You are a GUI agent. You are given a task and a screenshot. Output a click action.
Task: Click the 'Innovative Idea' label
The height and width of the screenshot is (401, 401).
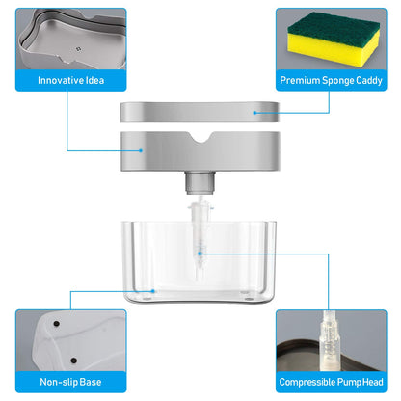tap(70, 80)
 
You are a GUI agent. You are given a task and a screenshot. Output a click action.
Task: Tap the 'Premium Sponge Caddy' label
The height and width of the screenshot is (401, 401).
tap(331, 80)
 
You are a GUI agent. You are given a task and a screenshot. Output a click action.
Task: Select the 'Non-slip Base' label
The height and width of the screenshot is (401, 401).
tap(70, 382)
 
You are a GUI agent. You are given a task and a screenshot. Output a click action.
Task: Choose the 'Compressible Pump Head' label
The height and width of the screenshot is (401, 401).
tap(331, 382)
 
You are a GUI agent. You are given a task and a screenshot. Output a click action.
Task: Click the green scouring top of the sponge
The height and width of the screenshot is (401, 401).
tap(333, 26)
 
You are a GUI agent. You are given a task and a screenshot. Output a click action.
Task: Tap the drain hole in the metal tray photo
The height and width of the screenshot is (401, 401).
tap(78, 49)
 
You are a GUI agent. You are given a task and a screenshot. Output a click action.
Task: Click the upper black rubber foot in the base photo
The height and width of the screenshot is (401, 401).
tap(57, 324)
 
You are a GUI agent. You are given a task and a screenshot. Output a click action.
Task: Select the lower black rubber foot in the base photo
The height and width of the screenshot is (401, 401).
tap(74, 361)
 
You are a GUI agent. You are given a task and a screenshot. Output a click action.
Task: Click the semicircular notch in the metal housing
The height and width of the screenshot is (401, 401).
tap(201, 137)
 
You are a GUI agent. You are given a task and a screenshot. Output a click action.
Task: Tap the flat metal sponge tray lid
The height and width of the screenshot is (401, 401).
tap(200, 112)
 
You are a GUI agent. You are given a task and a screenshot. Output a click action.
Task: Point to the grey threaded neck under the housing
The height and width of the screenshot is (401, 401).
tap(200, 182)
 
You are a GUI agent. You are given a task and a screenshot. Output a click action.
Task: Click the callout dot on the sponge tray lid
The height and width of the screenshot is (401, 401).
tap(254, 113)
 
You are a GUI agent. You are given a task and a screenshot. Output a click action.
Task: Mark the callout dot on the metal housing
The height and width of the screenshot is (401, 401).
tap(141, 150)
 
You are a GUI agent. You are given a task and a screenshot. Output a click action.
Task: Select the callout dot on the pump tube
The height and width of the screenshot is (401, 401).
tap(200, 254)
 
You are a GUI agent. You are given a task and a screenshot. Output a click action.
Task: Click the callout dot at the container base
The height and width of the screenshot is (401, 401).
tap(153, 291)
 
